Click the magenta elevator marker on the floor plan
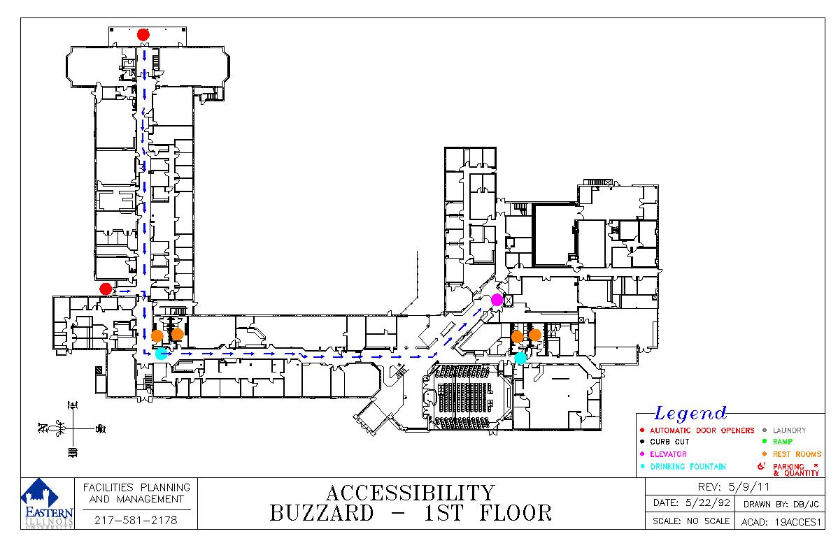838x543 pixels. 497,300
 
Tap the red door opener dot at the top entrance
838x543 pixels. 143,35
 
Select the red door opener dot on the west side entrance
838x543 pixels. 106,289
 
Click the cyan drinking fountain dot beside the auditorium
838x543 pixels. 520,358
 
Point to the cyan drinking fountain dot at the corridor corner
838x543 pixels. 161,353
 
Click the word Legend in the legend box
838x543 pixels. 690,413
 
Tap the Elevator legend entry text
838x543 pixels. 668,454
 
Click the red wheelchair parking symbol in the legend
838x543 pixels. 762,466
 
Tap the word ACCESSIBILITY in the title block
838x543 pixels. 411,492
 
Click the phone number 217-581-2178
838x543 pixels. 136,520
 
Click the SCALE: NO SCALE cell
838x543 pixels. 691,521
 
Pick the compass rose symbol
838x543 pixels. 73,429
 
